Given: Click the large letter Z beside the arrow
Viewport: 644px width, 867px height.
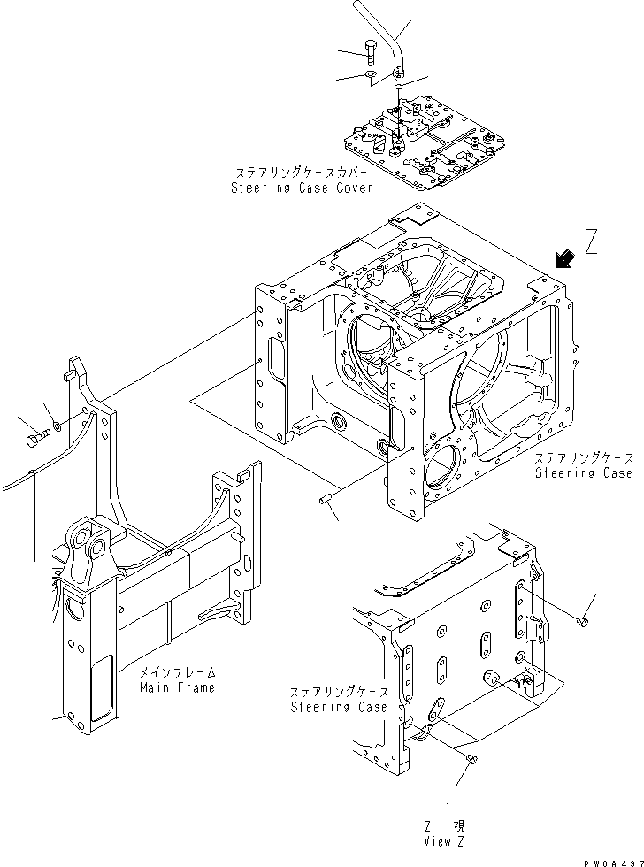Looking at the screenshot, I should tap(592, 241).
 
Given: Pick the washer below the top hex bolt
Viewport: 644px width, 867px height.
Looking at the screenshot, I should tap(370, 77).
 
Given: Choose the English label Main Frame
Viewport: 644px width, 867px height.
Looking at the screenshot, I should tap(177, 687).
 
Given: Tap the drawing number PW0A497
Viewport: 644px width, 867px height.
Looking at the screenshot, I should tap(611, 859).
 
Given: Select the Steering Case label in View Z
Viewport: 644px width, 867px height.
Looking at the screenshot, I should tap(339, 707).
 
